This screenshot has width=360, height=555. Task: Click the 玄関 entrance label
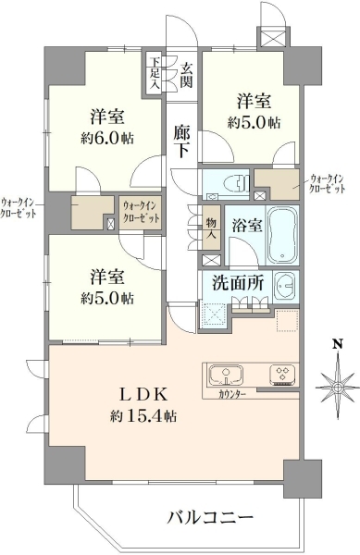186,75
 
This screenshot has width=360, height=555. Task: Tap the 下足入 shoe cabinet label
154,73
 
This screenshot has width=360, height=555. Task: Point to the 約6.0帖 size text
107,139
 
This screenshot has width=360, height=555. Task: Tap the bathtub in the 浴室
282,236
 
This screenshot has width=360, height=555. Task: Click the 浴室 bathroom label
247,226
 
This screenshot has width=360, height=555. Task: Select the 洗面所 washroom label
238,283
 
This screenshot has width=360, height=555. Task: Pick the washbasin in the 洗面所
286,286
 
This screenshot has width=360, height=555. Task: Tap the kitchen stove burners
282,376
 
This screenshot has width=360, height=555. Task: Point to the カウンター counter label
232,394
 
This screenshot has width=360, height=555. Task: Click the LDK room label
143,395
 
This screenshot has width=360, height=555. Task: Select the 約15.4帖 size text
143,416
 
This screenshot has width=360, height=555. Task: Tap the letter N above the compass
339,343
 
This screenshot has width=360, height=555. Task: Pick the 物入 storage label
211,228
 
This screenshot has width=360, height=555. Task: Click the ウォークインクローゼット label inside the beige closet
142,211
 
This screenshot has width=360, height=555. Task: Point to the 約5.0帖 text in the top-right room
254,122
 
